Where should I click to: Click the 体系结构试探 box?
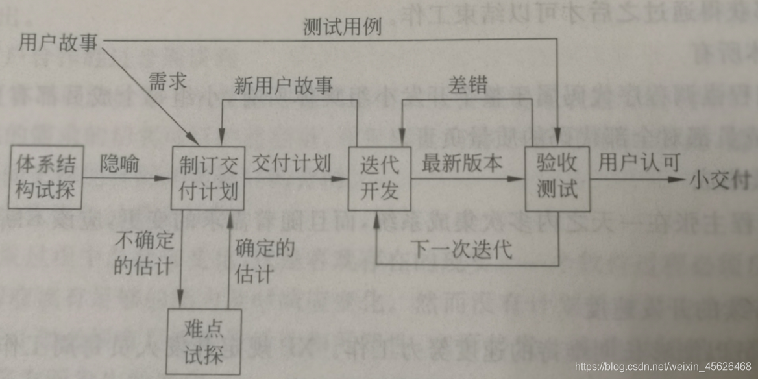coord(46,177)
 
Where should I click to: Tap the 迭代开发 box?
coord(379,178)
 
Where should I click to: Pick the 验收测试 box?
coord(557,178)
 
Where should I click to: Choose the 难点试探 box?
coord(204,342)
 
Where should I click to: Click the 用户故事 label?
coord(58,43)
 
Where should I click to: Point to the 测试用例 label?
coord(342,27)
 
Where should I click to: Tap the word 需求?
coord(168,82)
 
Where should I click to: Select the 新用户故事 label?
coord(284,86)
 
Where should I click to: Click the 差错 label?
coord(467,86)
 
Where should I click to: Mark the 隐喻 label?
coord(119,164)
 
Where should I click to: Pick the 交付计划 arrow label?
coord(291,162)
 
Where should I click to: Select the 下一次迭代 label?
coord(461,249)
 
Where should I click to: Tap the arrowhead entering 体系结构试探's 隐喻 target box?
coord(162,178)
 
